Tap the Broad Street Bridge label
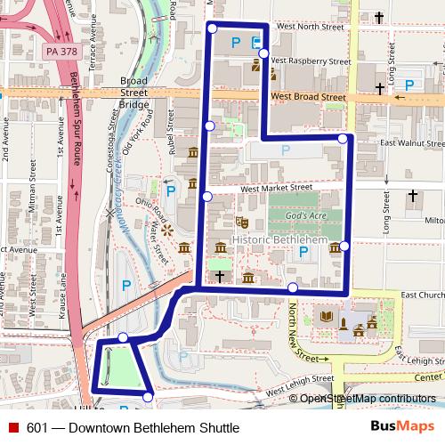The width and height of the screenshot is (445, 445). (x=133, y=93)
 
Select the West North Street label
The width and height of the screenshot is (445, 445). (x=310, y=28)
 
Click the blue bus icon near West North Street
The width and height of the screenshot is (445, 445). (x=256, y=41)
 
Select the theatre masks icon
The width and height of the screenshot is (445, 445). (x=240, y=220)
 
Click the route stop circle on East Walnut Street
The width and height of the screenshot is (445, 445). (x=343, y=138)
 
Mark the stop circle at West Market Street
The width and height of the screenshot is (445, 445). (x=206, y=196)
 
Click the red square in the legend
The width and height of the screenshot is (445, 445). (x=13, y=428)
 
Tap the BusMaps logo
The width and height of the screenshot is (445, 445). (x=401, y=427)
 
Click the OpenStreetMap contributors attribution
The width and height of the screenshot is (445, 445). (x=368, y=400)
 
